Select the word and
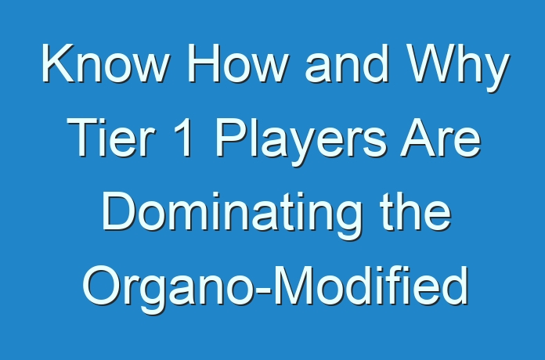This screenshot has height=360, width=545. [x=347, y=63]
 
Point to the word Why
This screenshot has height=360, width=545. [x=458, y=68]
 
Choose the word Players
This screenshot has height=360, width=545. [x=301, y=142]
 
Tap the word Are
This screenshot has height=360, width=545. [x=440, y=137]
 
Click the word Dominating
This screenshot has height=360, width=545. [x=232, y=215]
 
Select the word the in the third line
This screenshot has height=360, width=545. [x=416, y=211]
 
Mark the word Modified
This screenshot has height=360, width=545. [x=371, y=285]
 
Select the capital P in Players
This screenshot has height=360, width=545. [x=229, y=137]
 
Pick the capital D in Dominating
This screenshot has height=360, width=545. [x=117, y=211]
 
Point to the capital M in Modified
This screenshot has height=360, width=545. [x=292, y=285]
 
